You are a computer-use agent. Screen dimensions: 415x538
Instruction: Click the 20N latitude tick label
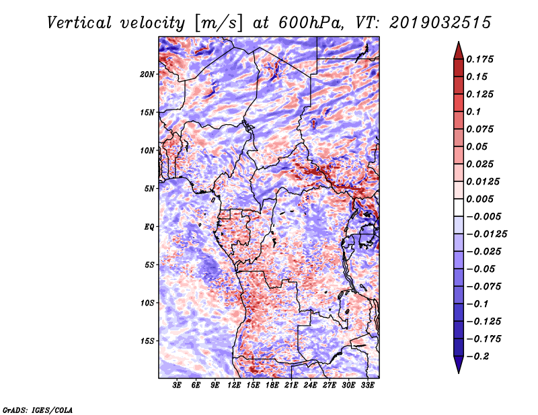[x=147, y=74]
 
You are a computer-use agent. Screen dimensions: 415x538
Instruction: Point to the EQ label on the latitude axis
[x=149, y=227]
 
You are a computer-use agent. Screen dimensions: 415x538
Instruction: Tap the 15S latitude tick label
[x=147, y=341]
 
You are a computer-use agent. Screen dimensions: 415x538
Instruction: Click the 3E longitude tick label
[x=178, y=386]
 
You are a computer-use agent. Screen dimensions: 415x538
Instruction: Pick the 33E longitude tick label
[x=369, y=386]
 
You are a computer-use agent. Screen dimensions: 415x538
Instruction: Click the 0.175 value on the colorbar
[x=481, y=59]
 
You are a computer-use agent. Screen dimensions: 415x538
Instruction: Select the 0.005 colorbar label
[x=481, y=199]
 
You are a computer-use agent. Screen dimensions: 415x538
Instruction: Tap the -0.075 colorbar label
[x=486, y=287]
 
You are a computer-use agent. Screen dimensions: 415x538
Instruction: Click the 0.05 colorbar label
[x=477, y=146]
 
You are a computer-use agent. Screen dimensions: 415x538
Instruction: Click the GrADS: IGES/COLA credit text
[x=38, y=409]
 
